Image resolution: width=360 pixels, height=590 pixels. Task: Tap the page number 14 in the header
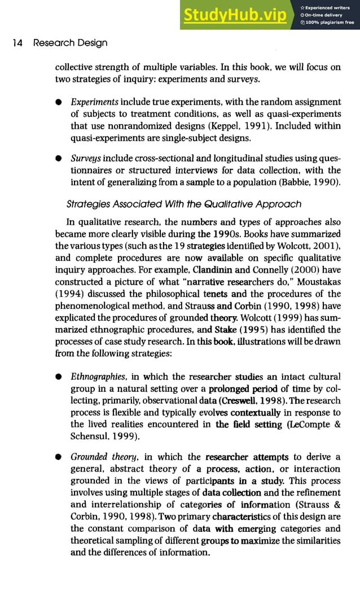click(17, 43)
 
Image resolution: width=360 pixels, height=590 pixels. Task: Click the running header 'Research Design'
click(70, 43)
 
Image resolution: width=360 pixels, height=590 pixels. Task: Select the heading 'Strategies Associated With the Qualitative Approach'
click(184, 204)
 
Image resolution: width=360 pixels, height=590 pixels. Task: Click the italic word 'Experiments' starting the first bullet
click(94, 102)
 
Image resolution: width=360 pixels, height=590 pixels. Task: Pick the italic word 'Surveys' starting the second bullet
click(86, 158)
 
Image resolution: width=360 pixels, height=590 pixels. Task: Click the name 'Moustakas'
click(318, 281)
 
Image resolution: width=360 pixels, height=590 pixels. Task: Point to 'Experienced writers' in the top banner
click(330, 7)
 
